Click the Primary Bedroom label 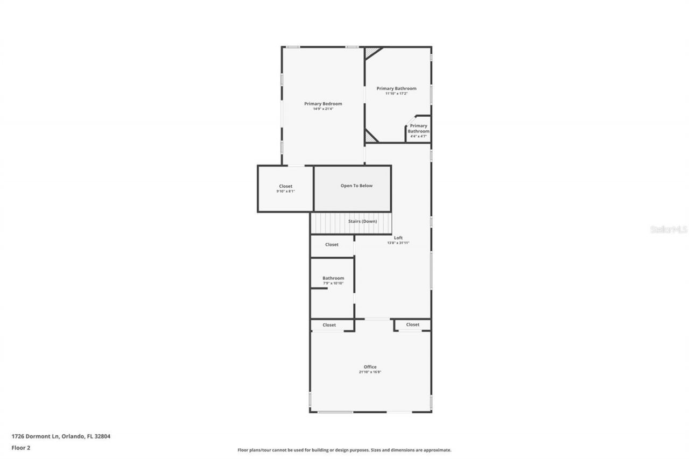click(323, 104)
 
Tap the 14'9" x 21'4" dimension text click(323, 109)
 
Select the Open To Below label click(356, 186)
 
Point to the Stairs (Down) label click(362, 221)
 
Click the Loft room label click(398, 237)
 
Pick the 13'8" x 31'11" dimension click(398, 243)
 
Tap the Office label click(370, 367)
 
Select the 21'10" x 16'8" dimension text click(370, 372)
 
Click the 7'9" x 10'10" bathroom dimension click(333, 284)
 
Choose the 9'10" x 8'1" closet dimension click(285, 192)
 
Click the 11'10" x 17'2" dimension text click(396, 94)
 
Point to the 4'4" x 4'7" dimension click(418, 136)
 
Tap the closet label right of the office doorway click(413, 324)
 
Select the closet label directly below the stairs click(332, 244)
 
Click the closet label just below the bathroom click(329, 325)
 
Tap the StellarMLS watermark click(669, 229)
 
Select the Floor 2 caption click(21, 447)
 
